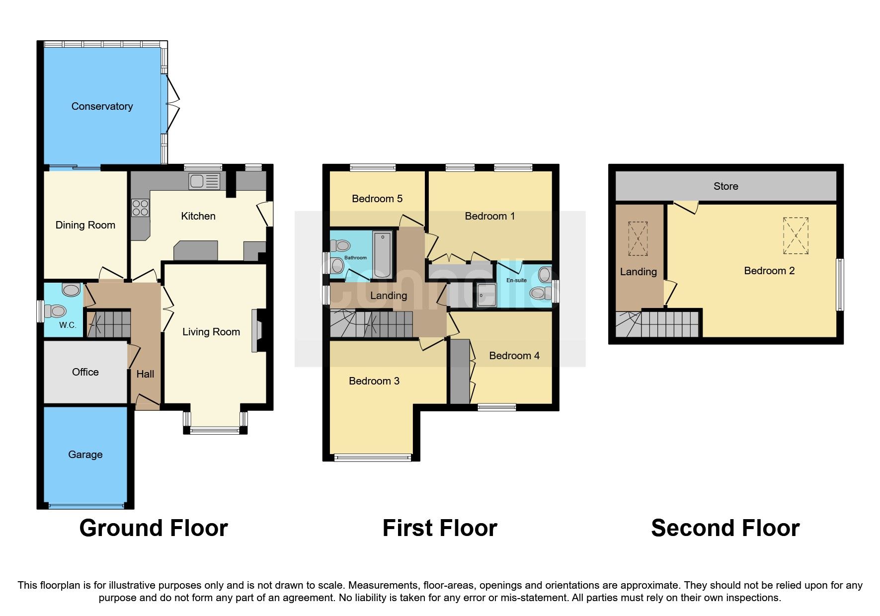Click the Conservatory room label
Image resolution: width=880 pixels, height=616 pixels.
coord(102,106)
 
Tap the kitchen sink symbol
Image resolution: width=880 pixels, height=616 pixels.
coord(204,181)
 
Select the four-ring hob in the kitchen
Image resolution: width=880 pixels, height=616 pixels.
coord(140,208)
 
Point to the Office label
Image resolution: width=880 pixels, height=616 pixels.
coord(85,372)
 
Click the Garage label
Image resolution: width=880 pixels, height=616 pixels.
coord(85,455)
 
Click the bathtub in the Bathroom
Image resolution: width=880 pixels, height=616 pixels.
coord(382,254)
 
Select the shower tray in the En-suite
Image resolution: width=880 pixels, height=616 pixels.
coord(485,295)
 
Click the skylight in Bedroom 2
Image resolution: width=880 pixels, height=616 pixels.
coord(796,235)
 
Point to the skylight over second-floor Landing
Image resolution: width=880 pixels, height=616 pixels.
coord(638,238)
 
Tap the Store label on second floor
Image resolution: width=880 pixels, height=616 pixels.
coord(725,186)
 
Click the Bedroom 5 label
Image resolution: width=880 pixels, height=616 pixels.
coord(377,199)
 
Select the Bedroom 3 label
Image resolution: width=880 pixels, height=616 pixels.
coord(374,381)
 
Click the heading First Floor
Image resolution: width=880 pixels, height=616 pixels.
coord(439,528)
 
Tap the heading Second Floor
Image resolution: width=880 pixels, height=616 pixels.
coord(725,528)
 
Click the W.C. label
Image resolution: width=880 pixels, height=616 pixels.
coord(68,325)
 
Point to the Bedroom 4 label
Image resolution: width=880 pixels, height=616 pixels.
coord(514,356)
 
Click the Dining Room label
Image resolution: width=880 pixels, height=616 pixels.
coord(85,225)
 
